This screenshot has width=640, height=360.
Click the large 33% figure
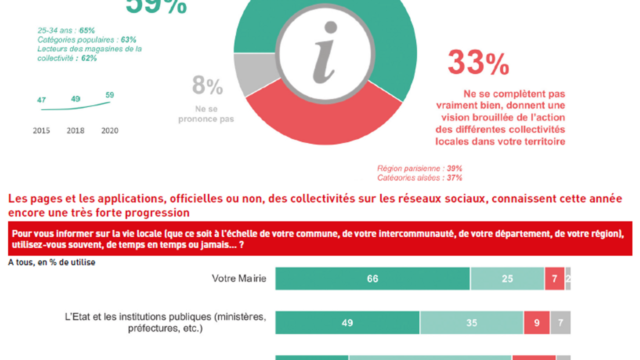point(478,63)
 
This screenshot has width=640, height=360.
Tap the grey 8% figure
point(207,86)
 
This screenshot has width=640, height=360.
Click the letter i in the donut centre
point(325,52)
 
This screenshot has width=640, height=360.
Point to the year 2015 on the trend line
point(41,131)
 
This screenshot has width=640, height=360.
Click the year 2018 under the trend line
point(75,131)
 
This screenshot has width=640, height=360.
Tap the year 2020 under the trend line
point(109,131)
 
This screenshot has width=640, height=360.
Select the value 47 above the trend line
point(41,100)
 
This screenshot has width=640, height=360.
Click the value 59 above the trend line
point(109,95)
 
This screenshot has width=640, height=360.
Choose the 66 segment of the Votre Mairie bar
point(372,279)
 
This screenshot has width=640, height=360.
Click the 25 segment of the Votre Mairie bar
point(507,279)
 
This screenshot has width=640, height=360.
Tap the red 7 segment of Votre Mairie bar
point(554,279)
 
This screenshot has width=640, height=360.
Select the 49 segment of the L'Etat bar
point(347,323)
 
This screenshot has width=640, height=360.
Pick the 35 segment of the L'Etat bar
point(471,323)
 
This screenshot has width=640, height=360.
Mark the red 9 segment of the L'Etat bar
point(536,323)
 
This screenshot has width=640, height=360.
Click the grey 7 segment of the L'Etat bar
point(560,323)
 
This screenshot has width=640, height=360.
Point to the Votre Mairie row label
point(239,278)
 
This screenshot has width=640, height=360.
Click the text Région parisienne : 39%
point(419,168)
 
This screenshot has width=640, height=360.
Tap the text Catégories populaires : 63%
point(86,39)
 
